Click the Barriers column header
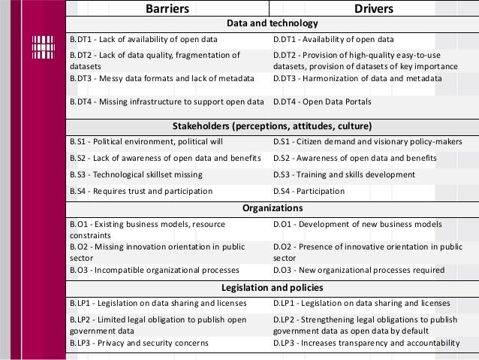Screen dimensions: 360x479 167,9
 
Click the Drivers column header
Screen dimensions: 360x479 375,9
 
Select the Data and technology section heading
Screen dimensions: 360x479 272,24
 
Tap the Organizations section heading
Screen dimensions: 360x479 272,208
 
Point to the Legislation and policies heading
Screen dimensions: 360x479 272,287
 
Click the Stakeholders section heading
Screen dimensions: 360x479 272,125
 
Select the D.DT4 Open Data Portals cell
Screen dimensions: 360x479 322,101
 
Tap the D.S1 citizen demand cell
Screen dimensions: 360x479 367,141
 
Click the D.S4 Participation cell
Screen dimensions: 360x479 310,192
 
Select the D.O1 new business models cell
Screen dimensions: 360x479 357,224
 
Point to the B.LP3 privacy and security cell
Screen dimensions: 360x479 140,343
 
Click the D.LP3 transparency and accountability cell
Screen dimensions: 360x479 366,343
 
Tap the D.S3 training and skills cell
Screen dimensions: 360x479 344,174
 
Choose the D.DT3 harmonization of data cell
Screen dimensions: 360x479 357,77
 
